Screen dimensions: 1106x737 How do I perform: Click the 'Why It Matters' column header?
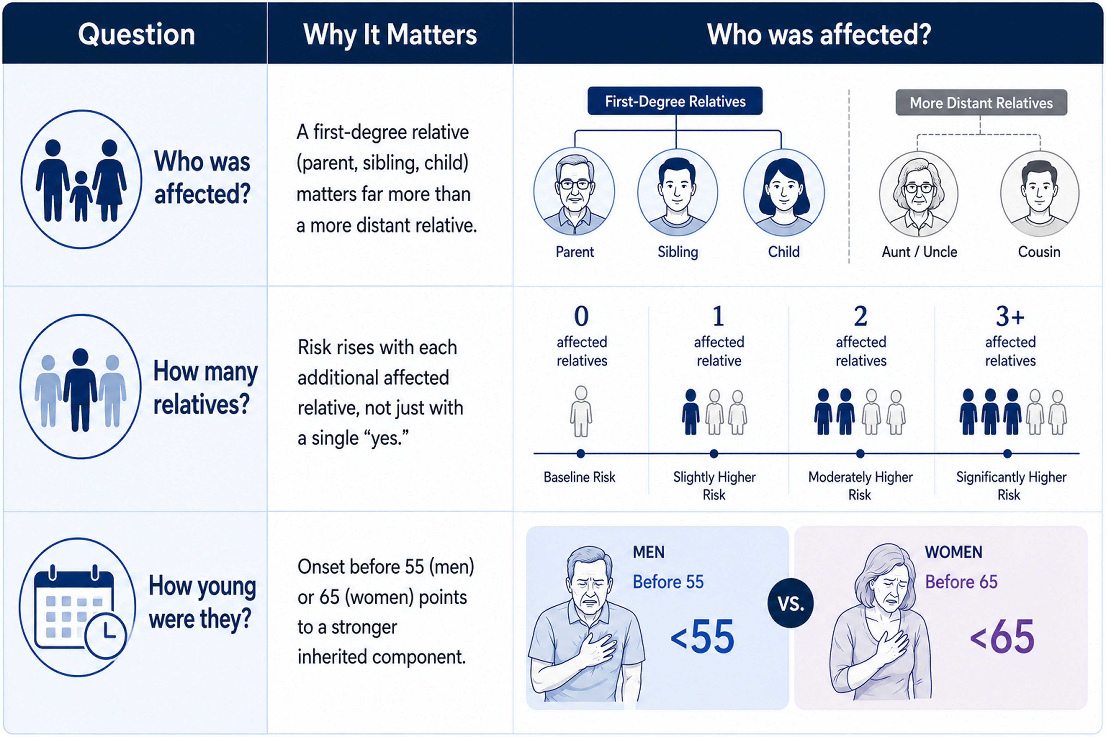pyautogui.click(x=390, y=34)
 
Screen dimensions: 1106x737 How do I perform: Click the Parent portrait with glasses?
pyautogui.click(x=574, y=191)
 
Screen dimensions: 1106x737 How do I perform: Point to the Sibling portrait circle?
pyautogui.click(x=678, y=192)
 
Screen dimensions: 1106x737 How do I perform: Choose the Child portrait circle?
pyautogui.click(x=784, y=192)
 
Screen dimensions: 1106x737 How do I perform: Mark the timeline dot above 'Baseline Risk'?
pyautogui.click(x=581, y=454)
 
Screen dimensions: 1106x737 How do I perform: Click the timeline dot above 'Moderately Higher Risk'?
pyautogui.click(x=860, y=454)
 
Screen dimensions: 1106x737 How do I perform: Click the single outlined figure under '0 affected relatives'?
pyautogui.click(x=581, y=411)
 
